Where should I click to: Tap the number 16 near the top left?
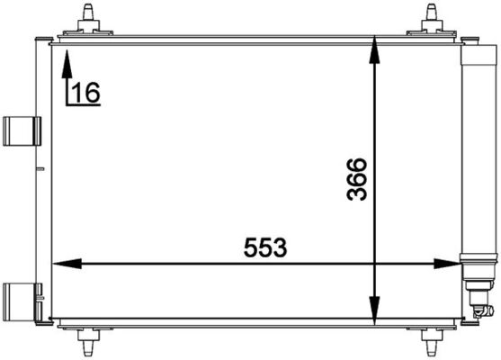[x=86, y=92]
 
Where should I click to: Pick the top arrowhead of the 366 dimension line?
[x=376, y=51]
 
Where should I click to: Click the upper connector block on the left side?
[x=18, y=131]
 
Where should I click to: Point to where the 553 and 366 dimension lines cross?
[x=376, y=264]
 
